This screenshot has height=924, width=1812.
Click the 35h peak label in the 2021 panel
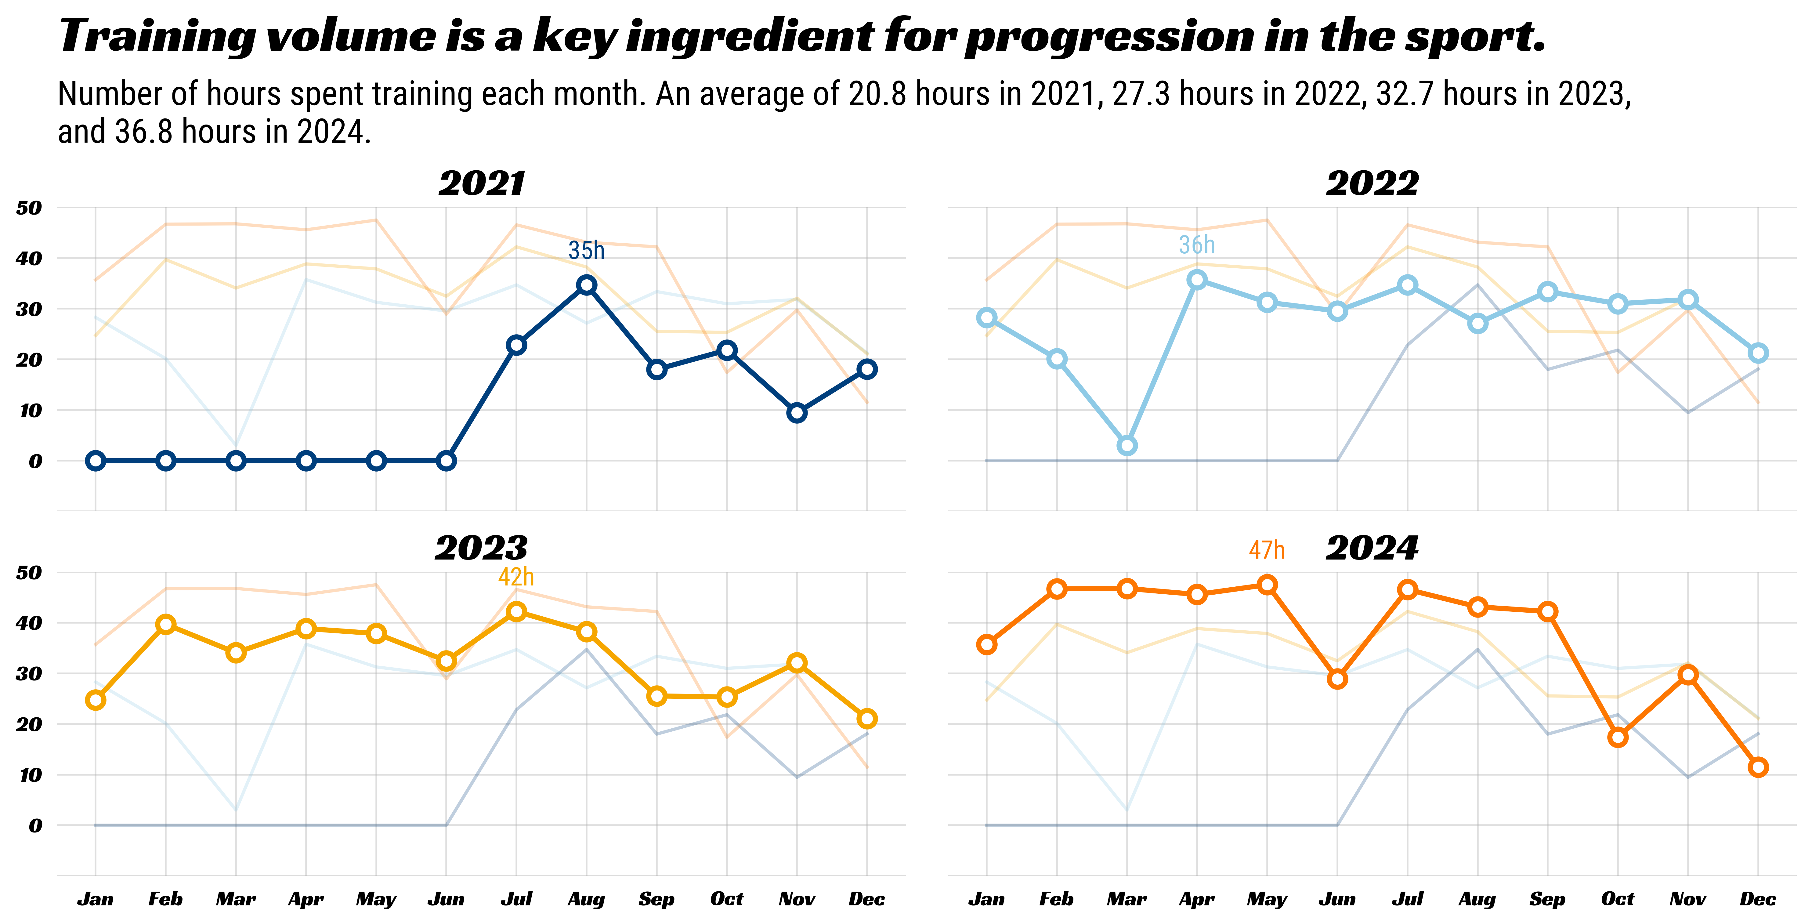586,251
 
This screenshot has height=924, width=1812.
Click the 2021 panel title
482,184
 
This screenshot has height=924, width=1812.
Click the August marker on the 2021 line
587,285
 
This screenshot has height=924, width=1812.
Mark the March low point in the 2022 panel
1127,445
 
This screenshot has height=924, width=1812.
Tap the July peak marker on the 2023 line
516,611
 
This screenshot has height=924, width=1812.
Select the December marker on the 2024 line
1758,767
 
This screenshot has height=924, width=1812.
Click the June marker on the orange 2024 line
1337,679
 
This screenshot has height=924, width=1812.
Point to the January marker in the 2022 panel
987,317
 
